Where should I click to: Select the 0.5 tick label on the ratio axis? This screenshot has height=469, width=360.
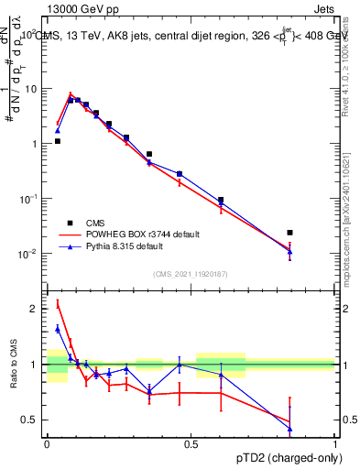(x=29, y=420)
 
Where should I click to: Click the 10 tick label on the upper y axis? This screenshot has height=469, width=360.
(x=32, y=89)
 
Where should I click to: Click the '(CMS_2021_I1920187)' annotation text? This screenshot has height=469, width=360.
(x=191, y=273)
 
